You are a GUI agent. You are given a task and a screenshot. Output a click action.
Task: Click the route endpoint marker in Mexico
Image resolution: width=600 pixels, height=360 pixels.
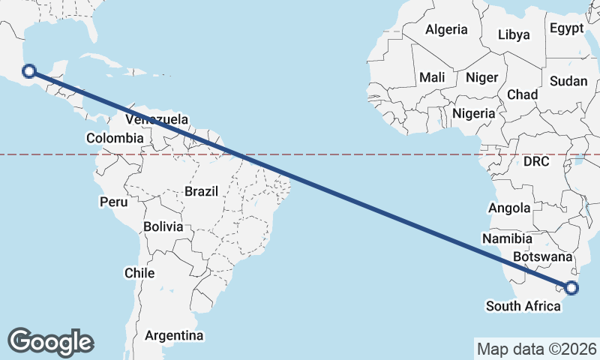tap(29, 71)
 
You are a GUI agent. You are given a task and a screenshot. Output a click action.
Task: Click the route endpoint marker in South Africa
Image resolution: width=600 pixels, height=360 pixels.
tap(572, 287)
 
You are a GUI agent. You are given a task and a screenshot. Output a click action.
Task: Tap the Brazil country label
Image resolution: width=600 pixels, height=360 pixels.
tap(201, 191)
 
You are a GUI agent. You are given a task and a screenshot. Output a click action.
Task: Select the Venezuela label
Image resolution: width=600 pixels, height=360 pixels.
tap(157, 119)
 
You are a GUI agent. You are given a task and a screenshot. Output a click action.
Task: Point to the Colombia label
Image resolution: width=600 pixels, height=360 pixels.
tap(114, 138)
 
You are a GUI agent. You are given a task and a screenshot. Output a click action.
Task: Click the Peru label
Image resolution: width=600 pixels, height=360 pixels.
tap(114, 202)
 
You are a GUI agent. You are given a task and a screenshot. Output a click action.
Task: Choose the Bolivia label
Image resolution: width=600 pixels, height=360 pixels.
tap(163, 226)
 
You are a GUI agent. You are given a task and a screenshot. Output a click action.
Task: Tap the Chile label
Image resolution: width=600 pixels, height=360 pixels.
tap(139, 273)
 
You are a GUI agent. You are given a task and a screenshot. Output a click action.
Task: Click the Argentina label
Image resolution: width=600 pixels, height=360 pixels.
tap(174, 334)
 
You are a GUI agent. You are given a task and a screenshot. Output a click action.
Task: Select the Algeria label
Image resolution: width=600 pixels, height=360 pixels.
tap(446, 30)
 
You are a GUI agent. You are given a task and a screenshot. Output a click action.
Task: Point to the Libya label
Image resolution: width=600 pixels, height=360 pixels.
tap(514, 34)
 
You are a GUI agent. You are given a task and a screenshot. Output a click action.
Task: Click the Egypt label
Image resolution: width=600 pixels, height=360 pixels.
tap(566, 28)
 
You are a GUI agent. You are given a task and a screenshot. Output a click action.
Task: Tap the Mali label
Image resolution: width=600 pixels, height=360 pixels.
tap(432, 77)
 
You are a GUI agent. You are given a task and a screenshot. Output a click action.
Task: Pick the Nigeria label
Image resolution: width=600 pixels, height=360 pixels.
tap(474, 113)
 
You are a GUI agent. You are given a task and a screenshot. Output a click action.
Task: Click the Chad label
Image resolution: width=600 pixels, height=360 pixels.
tap(523, 94)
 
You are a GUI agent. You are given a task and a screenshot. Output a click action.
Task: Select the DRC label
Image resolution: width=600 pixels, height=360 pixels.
tap(536, 161)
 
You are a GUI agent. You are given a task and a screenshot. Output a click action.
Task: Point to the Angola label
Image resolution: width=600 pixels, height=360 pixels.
tap(509, 208)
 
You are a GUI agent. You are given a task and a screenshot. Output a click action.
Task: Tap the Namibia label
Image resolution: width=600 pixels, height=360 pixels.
tap(508, 238)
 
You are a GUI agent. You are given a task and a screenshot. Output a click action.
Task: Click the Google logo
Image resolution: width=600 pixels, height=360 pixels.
tap(51, 341)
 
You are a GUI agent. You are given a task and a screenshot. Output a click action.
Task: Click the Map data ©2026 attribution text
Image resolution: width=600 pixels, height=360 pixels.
tap(537, 349)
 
